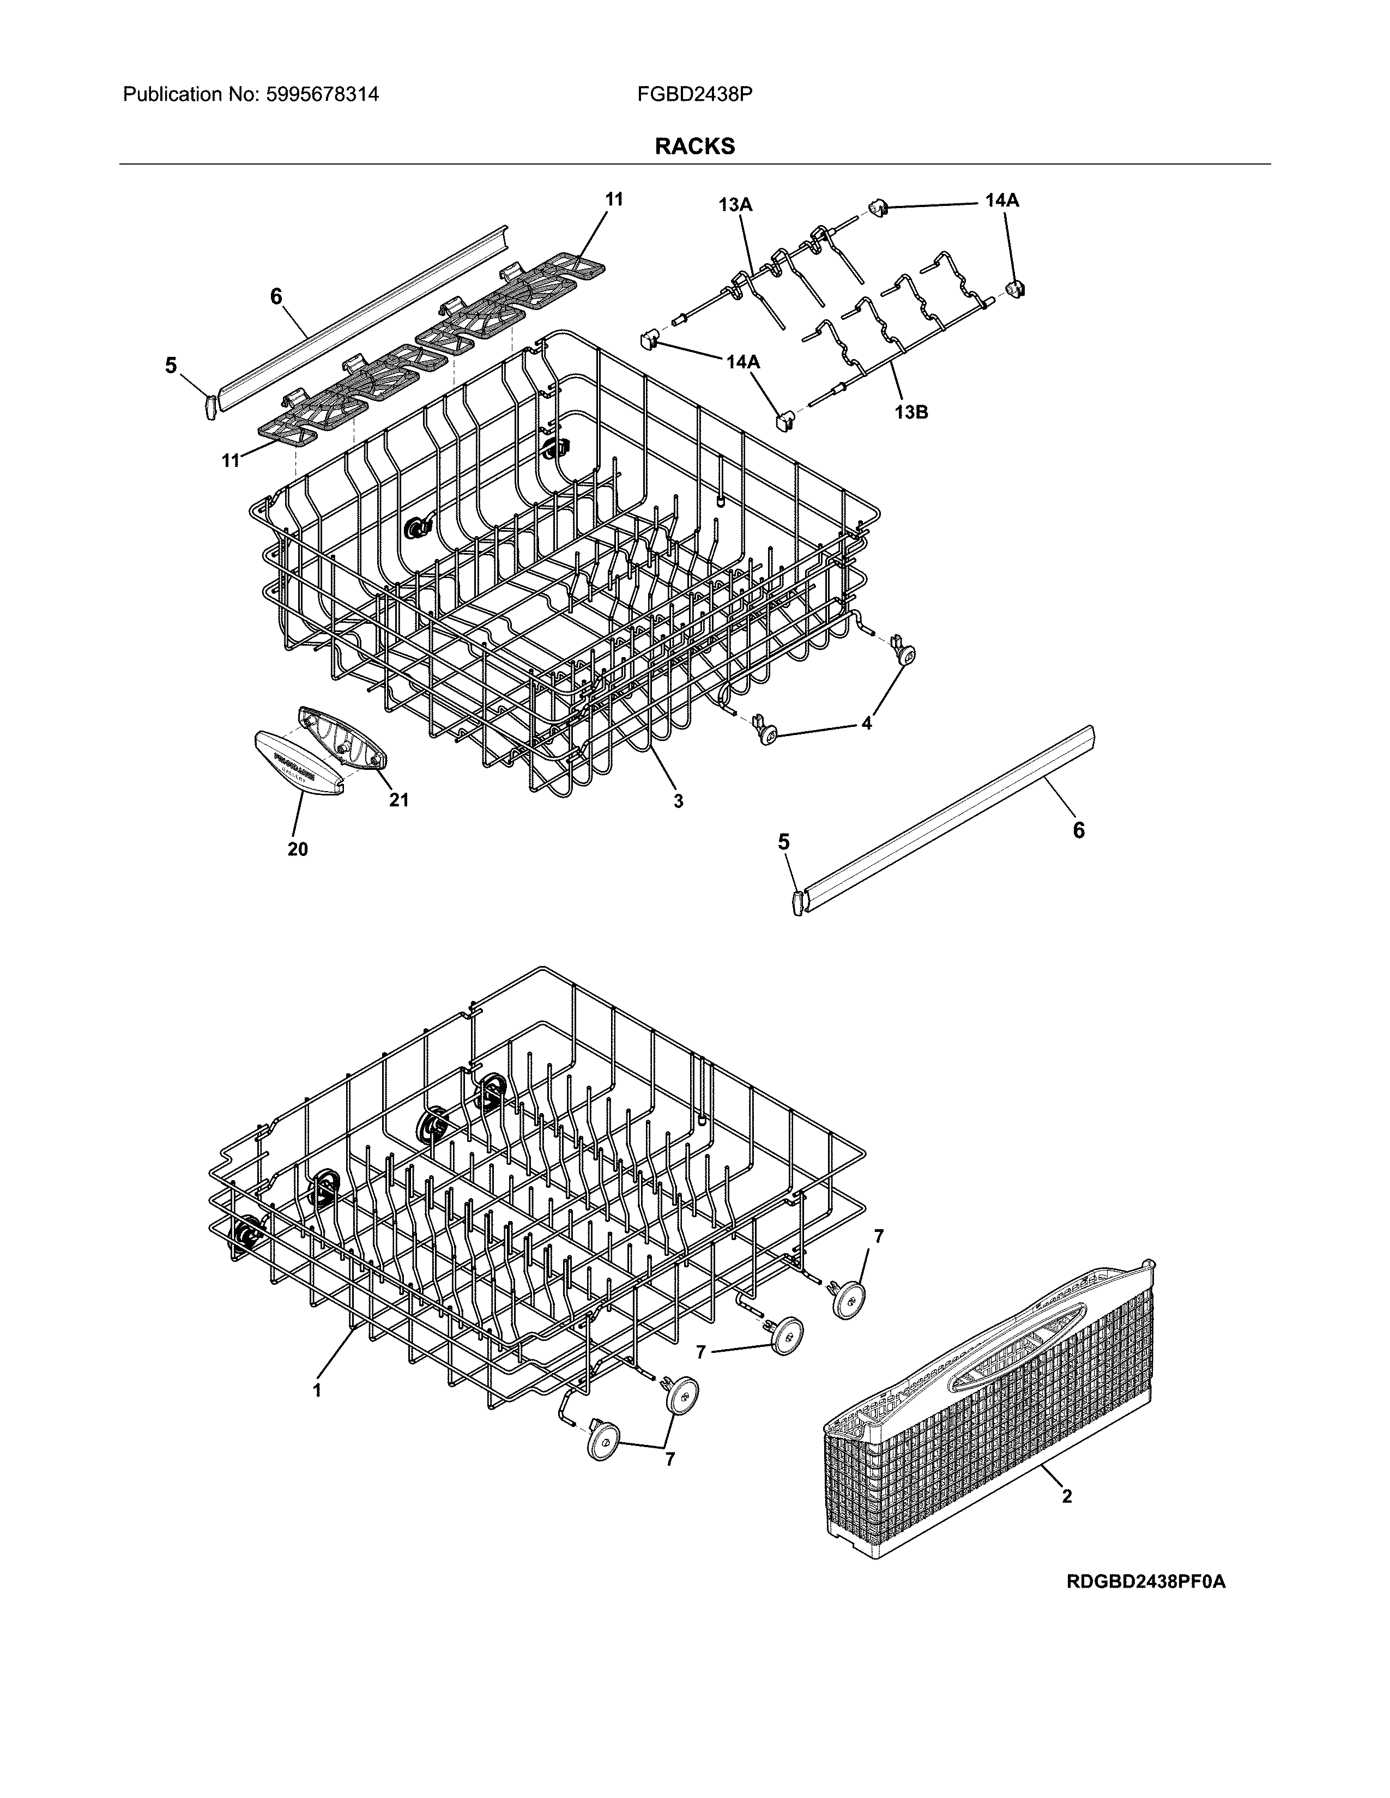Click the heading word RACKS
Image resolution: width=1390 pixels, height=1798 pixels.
pos(694,147)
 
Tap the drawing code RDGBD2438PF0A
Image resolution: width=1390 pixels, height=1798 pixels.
pos(1145,1605)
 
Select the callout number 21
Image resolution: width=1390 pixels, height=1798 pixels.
pos(398,799)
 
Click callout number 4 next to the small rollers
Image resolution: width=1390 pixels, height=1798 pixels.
pos(866,723)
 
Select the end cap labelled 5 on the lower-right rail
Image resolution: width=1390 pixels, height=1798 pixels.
pos(797,902)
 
